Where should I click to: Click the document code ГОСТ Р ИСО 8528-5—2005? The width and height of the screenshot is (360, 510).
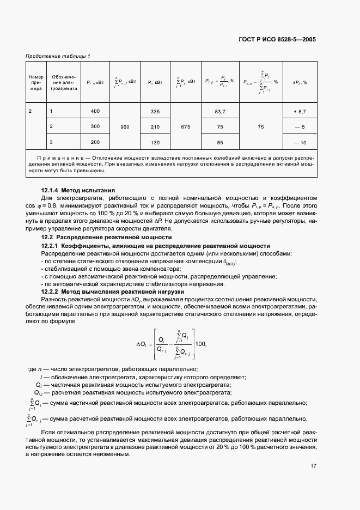click(277, 39)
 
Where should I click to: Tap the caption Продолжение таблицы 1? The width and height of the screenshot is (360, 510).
click(58, 56)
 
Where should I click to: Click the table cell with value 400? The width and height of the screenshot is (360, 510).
click(95, 111)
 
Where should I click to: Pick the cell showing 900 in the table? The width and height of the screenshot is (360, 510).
click(125, 126)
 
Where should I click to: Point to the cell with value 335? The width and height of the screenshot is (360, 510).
click(155, 111)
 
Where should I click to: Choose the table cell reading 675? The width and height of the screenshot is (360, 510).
click(185, 126)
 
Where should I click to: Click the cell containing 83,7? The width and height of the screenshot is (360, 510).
click(221, 111)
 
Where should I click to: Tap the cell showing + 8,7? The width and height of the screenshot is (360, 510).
click(300, 111)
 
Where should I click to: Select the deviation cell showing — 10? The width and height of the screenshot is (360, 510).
click(300, 142)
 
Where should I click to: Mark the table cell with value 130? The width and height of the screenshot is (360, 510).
click(155, 142)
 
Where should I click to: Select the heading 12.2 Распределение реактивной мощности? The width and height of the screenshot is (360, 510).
click(107, 238)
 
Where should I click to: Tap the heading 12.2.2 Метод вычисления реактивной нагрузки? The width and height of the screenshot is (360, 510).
click(115, 292)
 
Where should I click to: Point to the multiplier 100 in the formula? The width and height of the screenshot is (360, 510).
click(202, 344)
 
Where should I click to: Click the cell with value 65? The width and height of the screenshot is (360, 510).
click(221, 142)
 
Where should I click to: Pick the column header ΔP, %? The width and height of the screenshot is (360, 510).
click(300, 82)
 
